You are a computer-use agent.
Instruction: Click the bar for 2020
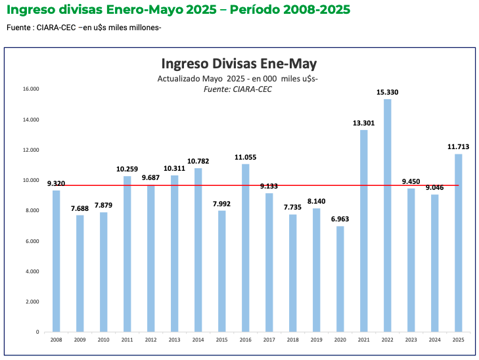pyautogui.click(x=340, y=279)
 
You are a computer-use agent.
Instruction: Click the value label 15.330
pyautogui.click(x=388, y=92)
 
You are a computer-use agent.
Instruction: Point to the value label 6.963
pyautogui.click(x=340, y=219)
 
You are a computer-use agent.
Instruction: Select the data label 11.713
pyautogui.click(x=459, y=146)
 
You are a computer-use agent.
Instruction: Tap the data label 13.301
pyautogui.click(x=364, y=123)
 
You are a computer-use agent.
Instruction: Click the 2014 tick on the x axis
pyautogui.click(x=198, y=339)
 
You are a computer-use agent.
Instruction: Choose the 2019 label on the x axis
pyautogui.click(x=317, y=339)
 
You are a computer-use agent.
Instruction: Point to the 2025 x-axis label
pyautogui.click(x=459, y=339)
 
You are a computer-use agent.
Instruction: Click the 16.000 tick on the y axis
pyautogui.click(x=31, y=89)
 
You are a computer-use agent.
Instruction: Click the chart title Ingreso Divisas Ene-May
pyautogui.click(x=239, y=64)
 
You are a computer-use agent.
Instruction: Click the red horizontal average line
pyautogui.click(x=164, y=185)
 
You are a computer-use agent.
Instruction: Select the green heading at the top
pyautogui.click(x=178, y=11)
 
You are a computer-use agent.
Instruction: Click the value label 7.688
pyautogui.click(x=80, y=208)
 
